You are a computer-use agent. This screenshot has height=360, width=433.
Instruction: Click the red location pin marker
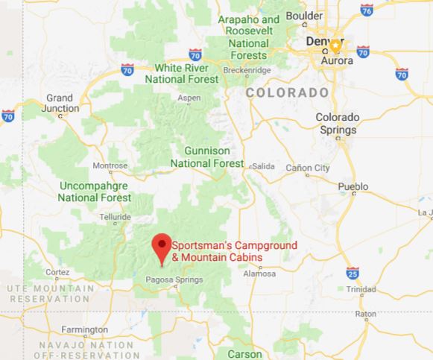(159, 246)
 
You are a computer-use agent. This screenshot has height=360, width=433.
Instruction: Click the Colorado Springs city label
(338, 122)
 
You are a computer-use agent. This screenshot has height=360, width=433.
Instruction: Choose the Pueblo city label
(353, 186)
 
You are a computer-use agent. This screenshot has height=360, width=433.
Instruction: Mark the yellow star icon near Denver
(336, 45)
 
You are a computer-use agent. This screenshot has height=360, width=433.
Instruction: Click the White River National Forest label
(182, 73)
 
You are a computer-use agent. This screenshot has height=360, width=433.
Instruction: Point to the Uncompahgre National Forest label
(95, 192)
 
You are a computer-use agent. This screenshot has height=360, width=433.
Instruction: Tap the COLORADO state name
(287, 92)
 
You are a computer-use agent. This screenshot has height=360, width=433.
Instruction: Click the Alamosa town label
(265, 274)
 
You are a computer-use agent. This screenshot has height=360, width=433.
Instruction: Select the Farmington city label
(84, 329)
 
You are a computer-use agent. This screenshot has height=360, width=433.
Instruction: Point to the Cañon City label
(308, 168)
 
